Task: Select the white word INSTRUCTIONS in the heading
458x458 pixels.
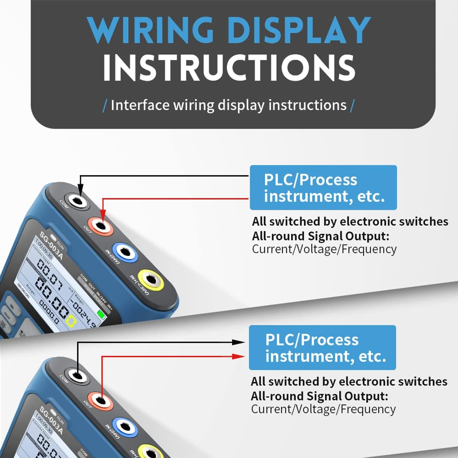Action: pos(229,68)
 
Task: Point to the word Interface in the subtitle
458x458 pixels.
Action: pos(140,105)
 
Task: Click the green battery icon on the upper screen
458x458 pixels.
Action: pos(102,315)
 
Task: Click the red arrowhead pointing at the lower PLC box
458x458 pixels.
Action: pos(239,356)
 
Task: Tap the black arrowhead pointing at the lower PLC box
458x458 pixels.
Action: pos(239,342)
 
